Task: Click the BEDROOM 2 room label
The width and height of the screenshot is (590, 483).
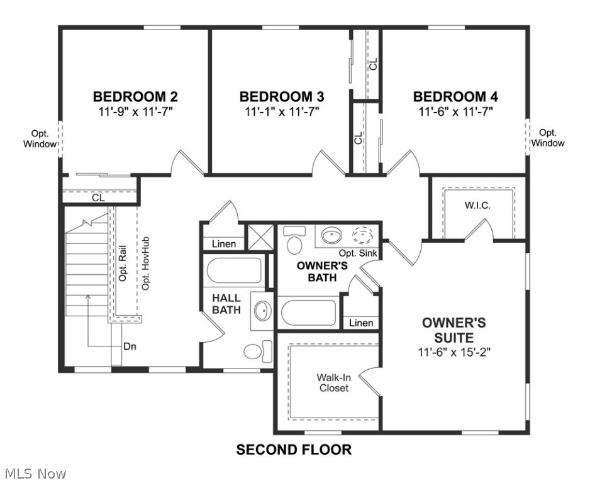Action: tap(135, 97)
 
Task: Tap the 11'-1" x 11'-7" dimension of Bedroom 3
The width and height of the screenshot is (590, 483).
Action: tap(282, 111)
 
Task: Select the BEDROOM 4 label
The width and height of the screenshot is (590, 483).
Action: tap(455, 97)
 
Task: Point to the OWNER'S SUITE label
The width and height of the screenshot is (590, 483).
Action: tap(454, 330)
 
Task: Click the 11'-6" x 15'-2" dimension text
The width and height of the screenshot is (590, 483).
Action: tap(454, 352)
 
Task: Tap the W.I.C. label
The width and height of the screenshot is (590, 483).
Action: tap(477, 206)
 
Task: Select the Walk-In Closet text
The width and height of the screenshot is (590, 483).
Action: tap(333, 382)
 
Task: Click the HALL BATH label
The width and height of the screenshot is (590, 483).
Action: tap(226, 303)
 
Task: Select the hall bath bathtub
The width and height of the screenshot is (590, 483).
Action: tap(234, 271)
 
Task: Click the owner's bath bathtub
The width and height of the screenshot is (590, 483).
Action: tap(309, 313)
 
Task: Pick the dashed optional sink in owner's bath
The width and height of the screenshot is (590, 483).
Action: tap(363, 236)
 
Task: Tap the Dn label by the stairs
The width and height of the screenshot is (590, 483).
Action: tap(130, 346)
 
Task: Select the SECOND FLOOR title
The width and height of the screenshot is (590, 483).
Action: tap(294, 450)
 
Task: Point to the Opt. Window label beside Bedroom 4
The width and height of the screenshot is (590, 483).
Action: tap(548, 138)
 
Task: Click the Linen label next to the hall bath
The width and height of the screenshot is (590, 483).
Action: tap(224, 244)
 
